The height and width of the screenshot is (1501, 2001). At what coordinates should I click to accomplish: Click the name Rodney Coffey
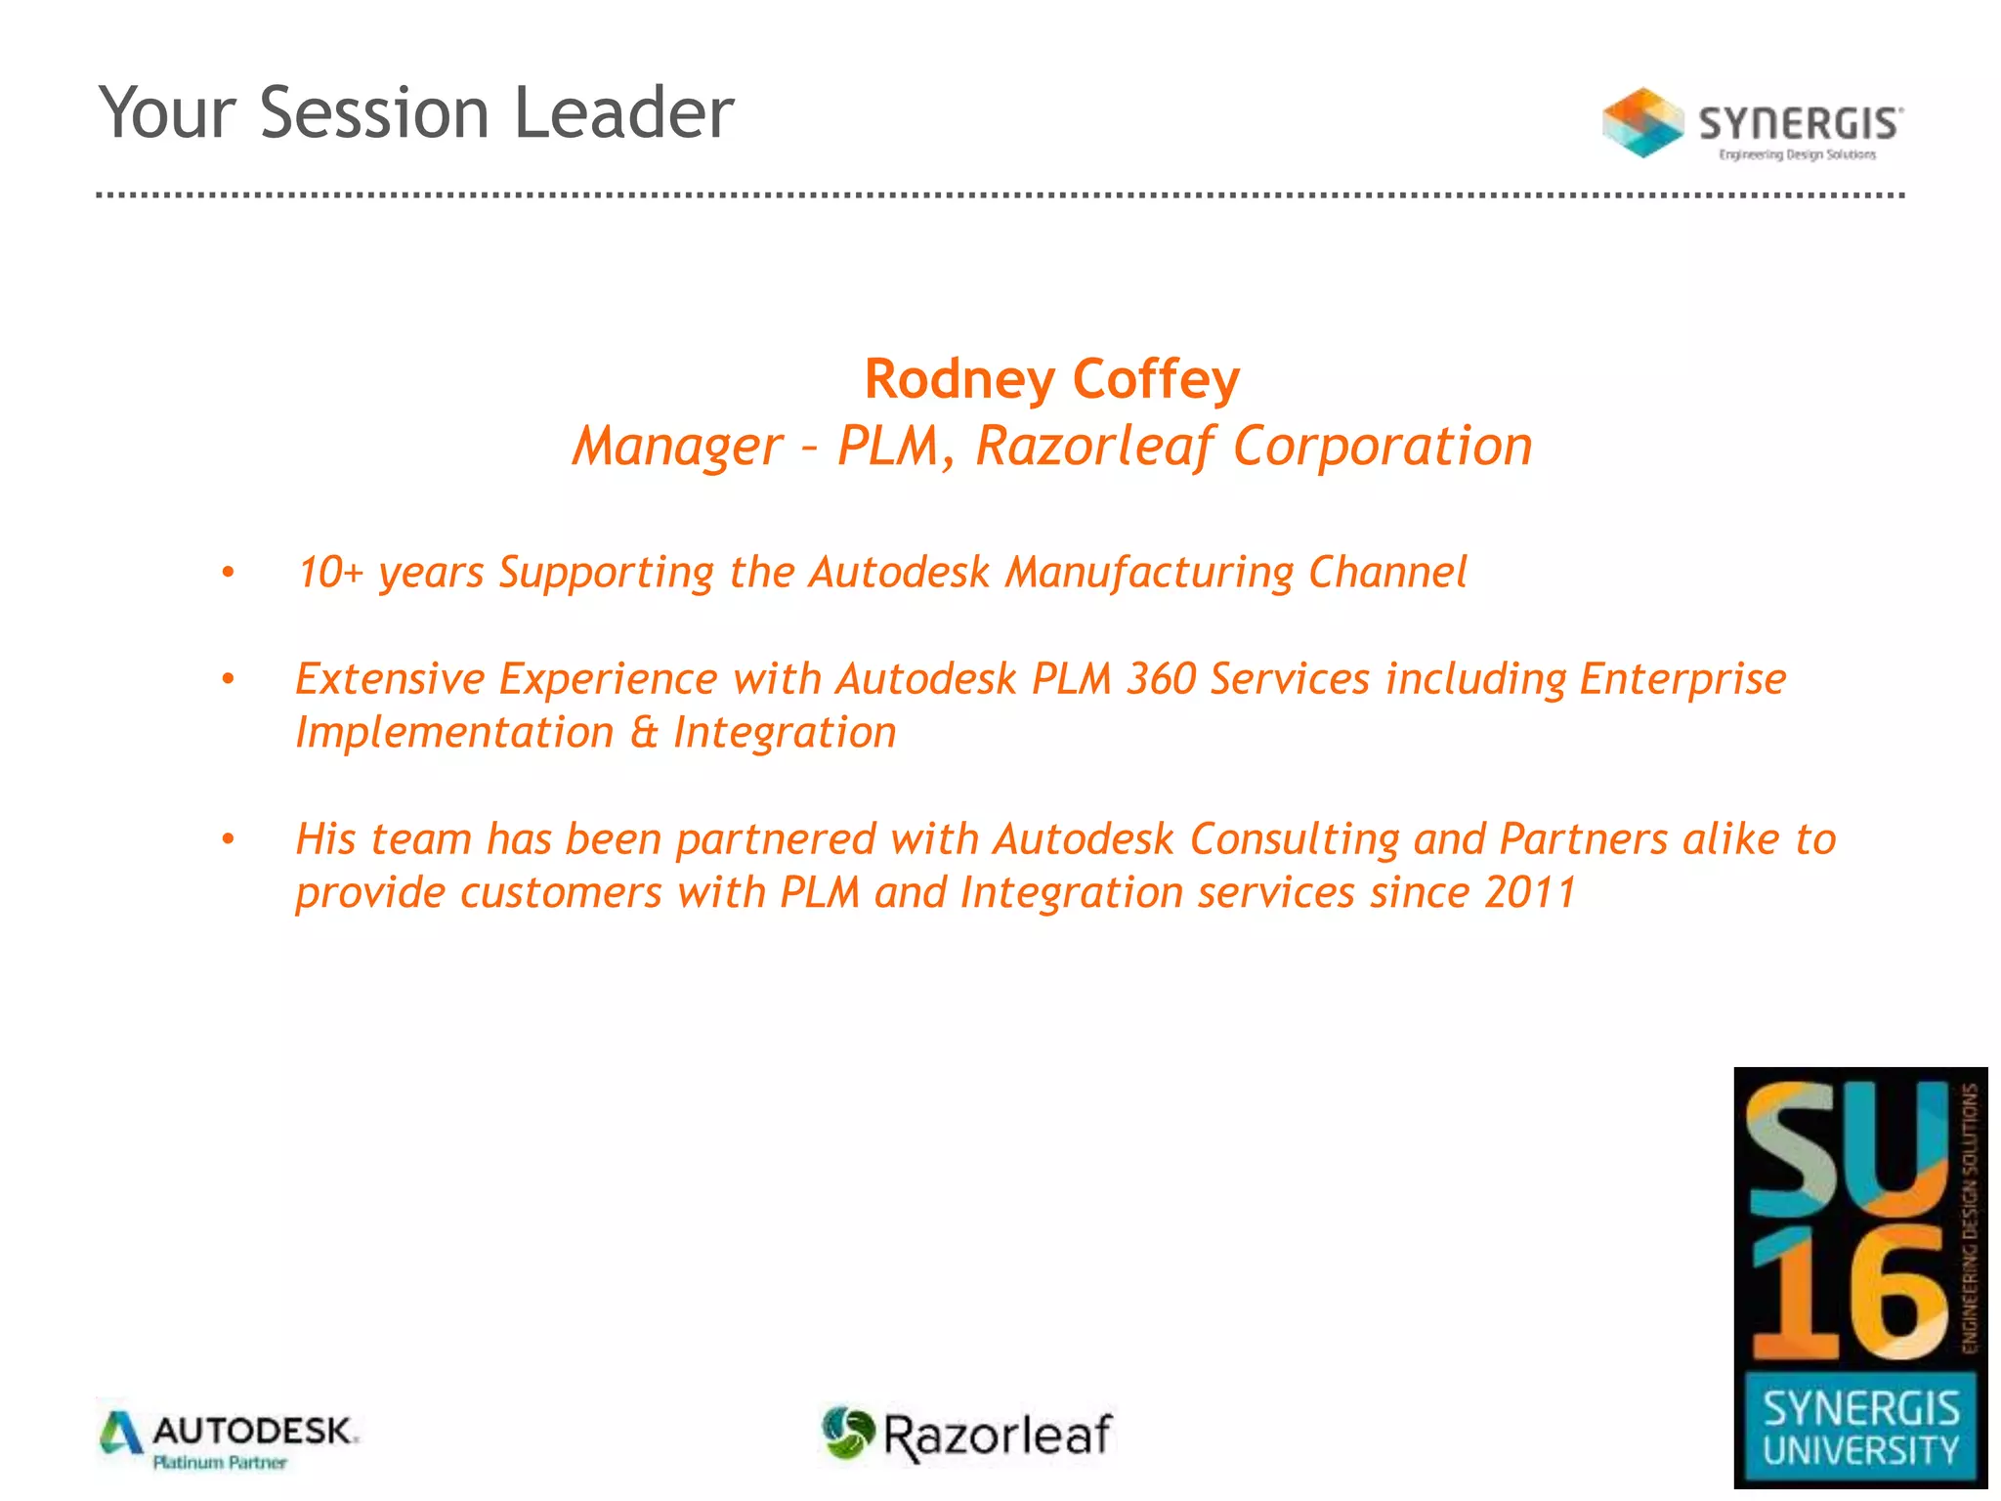click(x=1051, y=379)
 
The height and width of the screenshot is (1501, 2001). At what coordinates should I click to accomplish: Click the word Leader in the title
click(x=623, y=112)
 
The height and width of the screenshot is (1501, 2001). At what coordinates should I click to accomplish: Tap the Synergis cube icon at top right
click(x=1642, y=123)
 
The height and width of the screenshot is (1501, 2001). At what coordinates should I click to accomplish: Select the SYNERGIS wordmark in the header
click(x=1800, y=124)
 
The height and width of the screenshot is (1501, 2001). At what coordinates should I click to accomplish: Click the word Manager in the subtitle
click(x=677, y=447)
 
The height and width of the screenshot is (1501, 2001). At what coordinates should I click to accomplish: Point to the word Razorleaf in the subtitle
click(x=1094, y=447)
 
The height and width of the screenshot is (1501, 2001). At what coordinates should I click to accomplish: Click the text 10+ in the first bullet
click(x=330, y=573)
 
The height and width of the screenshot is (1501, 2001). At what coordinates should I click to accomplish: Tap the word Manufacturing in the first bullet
click(x=1149, y=573)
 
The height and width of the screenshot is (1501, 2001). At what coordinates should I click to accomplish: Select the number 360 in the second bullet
click(x=1161, y=679)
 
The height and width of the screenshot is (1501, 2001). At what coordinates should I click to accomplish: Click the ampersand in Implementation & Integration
click(x=643, y=733)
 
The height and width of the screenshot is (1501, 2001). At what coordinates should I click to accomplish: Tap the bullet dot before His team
click(x=228, y=839)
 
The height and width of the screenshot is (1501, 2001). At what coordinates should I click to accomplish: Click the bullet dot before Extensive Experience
click(x=228, y=679)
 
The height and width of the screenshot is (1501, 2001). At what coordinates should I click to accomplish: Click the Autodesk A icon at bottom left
click(x=121, y=1434)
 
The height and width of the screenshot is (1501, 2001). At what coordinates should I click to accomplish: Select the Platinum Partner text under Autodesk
click(x=220, y=1463)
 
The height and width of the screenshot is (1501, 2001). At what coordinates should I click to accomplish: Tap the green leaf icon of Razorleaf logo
click(x=846, y=1433)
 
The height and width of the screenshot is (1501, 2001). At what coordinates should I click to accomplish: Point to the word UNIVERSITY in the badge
click(x=1860, y=1451)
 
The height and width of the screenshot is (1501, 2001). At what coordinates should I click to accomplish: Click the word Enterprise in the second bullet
click(x=1682, y=679)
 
